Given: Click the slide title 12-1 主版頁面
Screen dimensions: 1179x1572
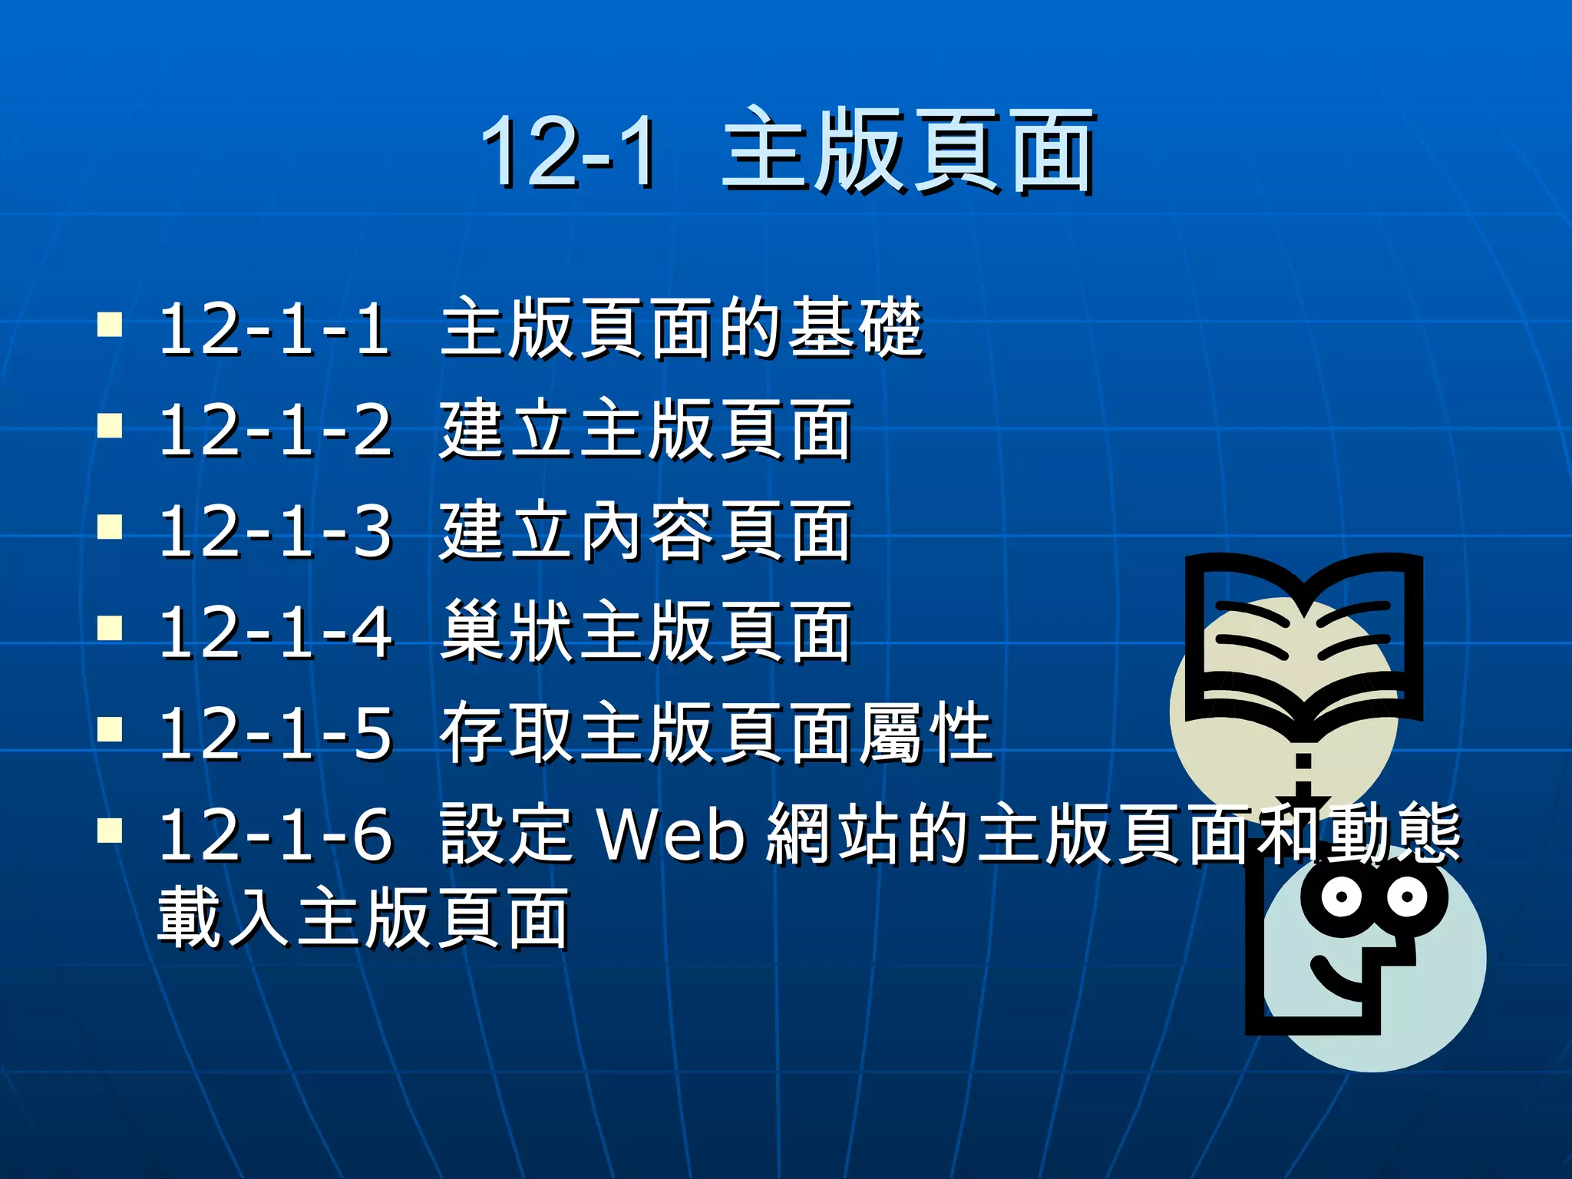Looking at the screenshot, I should pyautogui.click(x=788, y=150).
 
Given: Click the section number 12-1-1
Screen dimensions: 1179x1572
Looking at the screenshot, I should pyautogui.click(x=274, y=329).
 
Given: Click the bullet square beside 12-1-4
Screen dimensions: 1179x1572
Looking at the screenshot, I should pyautogui.click(x=111, y=629).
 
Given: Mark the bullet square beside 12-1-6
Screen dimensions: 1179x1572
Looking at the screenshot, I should pyautogui.click(x=111, y=830).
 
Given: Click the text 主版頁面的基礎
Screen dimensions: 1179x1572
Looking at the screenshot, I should pyautogui.click(x=682, y=329).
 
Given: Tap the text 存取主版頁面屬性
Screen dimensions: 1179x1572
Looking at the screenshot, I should pyautogui.click(x=716, y=734).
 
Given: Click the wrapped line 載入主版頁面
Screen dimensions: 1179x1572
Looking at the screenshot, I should pyautogui.click(x=363, y=918).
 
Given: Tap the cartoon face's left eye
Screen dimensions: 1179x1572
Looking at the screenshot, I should pyautogui.click(x=1340, y=897).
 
